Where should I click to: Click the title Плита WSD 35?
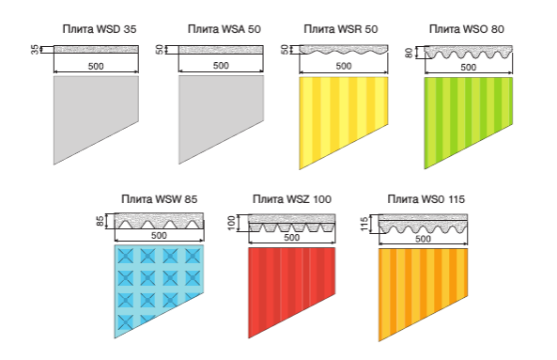point(100,29)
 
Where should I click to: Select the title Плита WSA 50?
point(224,29)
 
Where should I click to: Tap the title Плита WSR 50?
point(341,29)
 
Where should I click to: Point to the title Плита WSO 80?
point(467,29)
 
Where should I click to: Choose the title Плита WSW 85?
point(159,199)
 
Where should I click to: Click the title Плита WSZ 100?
point(292,199)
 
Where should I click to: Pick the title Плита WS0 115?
point(425,199)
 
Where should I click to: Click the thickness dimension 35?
point(35,49)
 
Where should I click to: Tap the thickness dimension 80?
point(409,53)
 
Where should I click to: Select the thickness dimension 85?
point(101,221)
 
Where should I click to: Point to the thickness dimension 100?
point(231,223)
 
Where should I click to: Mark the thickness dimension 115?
point(364,225)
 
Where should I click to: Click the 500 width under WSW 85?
point(159,236)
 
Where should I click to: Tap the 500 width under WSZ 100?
point(291,238)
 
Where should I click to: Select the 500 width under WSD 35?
point(96,66)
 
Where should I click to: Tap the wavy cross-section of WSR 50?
point(344,50)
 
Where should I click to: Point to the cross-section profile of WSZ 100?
point(291,223)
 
